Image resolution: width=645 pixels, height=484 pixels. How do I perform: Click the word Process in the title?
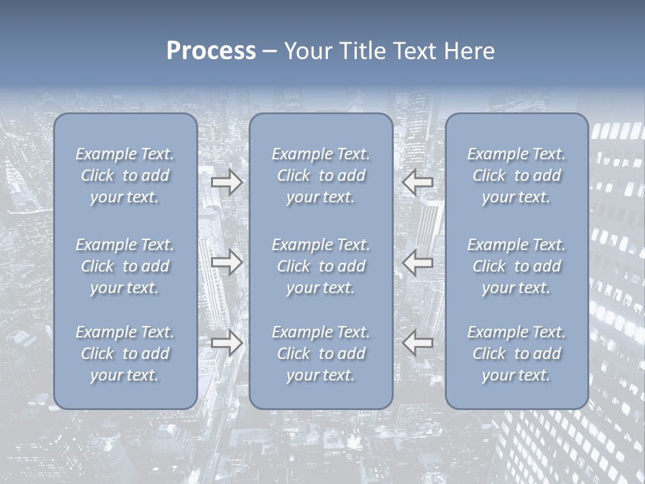point(211,51)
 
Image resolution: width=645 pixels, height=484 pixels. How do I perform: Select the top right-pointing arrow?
point(227,182)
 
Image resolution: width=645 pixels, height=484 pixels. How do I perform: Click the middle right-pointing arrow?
point(227,262)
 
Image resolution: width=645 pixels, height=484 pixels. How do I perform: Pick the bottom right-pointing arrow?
point(227,343)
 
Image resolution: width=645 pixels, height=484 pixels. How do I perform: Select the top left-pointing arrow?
point(417,182)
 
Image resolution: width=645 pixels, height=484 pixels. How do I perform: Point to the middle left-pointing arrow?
point(417,262)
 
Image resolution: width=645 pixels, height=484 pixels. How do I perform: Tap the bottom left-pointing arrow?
point(417,343)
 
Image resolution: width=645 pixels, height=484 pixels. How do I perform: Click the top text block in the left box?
point(125,175)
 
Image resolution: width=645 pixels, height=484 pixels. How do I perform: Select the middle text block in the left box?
point(125,266)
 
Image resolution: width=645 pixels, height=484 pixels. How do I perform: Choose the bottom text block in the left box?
point(125,354)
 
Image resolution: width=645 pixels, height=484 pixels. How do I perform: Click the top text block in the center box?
point(320,175)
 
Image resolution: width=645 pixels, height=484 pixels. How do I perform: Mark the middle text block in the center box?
point(320,266)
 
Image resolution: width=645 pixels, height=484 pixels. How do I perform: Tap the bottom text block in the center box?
point(320,354)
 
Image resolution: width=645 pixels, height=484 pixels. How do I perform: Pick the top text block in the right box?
point(516,175)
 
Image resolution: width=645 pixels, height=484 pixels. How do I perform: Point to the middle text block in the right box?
point(516,266)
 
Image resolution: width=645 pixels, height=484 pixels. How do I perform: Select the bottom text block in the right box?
point(516,354)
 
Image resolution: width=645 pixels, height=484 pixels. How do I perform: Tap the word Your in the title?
point(306,51)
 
